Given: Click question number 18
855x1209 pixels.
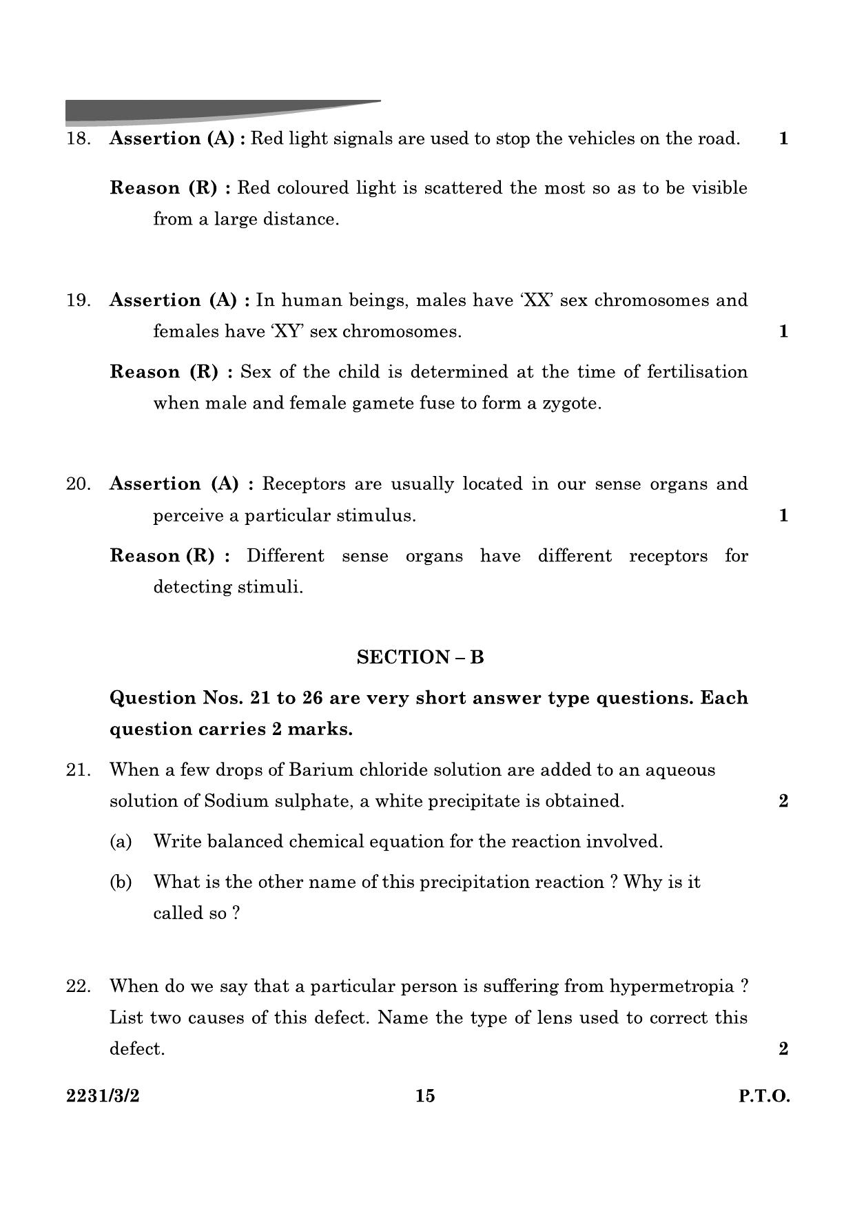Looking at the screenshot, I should click(78, 139).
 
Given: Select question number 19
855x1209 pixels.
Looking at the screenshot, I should click(78, 301).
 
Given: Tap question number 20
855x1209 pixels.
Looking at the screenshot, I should click(78, 484).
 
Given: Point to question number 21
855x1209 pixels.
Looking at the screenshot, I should click(78, 770).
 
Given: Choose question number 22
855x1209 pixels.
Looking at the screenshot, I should click(78, 986).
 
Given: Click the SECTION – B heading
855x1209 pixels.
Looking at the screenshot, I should click(420, 657).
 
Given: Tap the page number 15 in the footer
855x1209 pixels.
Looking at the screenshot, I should click(425, 1096).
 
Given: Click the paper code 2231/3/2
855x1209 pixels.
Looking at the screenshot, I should click(103, 1096).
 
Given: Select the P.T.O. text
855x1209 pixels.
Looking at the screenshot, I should click(764, 1096).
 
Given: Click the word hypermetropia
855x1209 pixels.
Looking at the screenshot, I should click(672, 986).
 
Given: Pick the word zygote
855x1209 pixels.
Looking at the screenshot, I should click(571, 404).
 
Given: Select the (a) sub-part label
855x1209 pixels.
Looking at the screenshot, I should click(121, 842).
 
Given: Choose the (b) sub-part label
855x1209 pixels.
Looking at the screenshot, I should click(121, 882).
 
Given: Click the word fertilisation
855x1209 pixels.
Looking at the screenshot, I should click(697, 372).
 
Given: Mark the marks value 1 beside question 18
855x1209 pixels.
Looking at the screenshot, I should click(783, 139).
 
